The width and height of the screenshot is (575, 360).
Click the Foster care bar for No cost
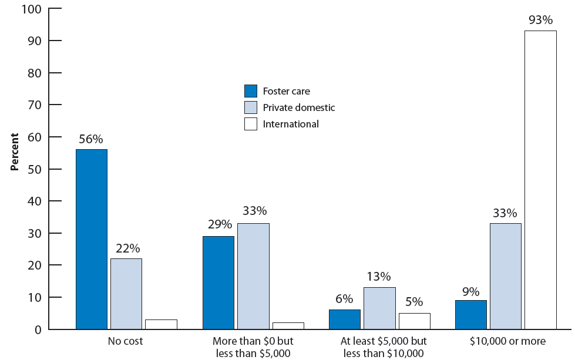click(x=92, y=239)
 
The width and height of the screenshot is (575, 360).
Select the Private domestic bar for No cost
click(x=126, y=294)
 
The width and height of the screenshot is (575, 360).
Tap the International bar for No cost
click(x=161, y=324)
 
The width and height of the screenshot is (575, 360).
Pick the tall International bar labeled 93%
click(x=540, y=180)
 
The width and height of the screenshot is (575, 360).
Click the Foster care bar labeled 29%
click(x=218, y=282)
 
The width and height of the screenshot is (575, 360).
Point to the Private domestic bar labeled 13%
click(x=379, y=308)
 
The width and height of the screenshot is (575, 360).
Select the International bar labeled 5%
click(x=414, y=321)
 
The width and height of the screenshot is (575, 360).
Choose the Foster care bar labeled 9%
click(x=471, y=314)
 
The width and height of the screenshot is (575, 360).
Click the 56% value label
click(x=92, y=140)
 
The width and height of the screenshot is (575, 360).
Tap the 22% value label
click(x=126, y=249)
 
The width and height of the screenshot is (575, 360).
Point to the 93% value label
click(x=540, y=21)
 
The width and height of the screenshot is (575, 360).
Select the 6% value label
click(x=345, y=299)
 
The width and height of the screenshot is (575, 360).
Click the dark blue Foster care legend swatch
click(x=251, y=91)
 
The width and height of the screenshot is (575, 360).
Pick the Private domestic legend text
click(x=299, y=107)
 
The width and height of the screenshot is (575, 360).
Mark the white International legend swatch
click(x=251, y=124)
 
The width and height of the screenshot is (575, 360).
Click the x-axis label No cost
click(x=126, y=341)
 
